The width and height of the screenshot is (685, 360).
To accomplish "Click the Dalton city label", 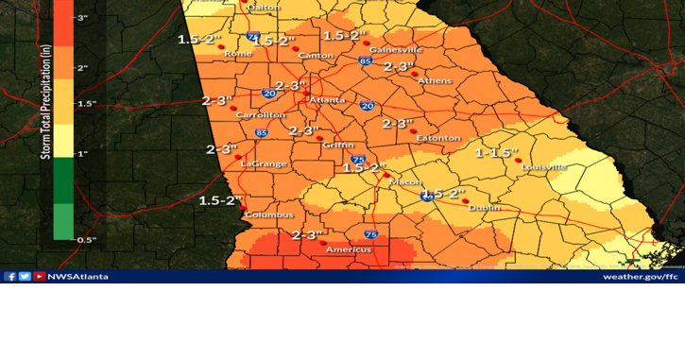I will click(x=264, y=8).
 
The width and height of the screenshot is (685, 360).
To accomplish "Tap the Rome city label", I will click(x=237, y=54).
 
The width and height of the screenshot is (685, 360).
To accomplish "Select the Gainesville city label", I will click(x=396, y=49).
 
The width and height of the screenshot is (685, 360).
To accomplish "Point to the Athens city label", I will click(x=435, y=80).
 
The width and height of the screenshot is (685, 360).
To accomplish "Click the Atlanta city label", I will click(x=328, y=100).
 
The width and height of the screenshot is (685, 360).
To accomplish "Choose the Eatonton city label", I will click(x=438, y=138).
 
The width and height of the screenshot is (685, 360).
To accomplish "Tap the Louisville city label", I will click(x=543, y=167).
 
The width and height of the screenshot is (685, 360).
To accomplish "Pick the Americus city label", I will click(x=349, y=249).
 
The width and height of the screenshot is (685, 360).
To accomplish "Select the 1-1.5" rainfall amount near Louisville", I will click(x=497, y=152).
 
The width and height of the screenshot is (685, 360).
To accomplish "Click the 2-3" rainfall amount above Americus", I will click(x=307, y=234).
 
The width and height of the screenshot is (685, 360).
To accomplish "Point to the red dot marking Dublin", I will click(x=465, y=200).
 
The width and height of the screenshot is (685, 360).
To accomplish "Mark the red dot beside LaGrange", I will click(x=238, y=157).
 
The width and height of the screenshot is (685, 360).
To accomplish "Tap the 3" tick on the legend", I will click(x=83, y=18).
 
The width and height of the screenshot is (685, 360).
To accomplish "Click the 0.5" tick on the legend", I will click(x=87, y=240).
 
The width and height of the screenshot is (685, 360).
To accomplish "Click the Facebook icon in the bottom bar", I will click(x=10, y=277).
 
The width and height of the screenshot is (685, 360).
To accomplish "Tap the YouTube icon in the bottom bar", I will click(x=39, y=277).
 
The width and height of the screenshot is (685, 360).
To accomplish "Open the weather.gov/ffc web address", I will click(x=641, y=277).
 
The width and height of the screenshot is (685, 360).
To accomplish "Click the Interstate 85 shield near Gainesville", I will click(x=365, y=60).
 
